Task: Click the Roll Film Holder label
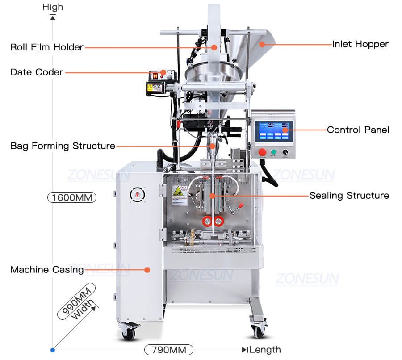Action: [x=47, y=47]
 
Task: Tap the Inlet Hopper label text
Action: [x=360, y=44]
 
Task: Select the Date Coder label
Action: [x=37, y=72]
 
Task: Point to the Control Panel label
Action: [x=358, y=130]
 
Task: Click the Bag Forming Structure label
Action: [x=63, y=146]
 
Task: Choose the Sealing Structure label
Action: [x=349, y=196]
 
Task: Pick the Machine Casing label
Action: [x=47, y=270]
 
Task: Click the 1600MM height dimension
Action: [x=72, y=197]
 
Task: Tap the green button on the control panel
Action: [x=273, y=152]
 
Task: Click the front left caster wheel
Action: [x=128, y=333]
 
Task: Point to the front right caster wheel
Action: [x=258, y=330]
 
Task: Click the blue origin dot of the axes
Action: [x=53, y=349]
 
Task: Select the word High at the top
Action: [x=53, y=7]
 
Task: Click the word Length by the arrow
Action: [x=265, y=350]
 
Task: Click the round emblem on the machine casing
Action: [x=135, y=194]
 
